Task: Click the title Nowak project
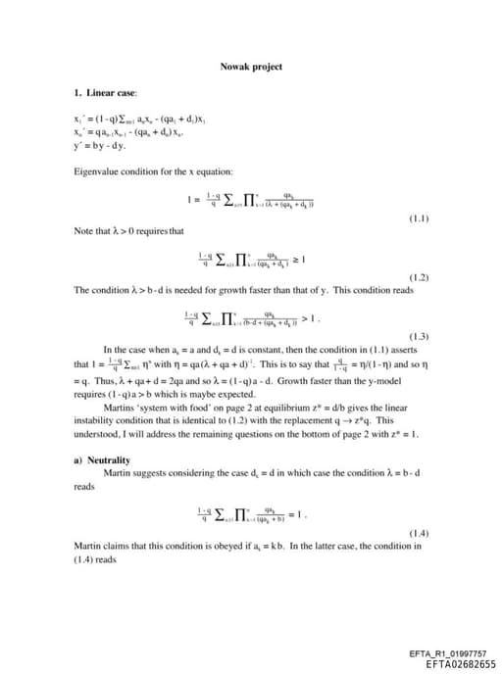(x=251, y=67)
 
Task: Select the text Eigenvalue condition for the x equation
(x=152, y=171)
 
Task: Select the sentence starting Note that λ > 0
(x=128, y=231)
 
